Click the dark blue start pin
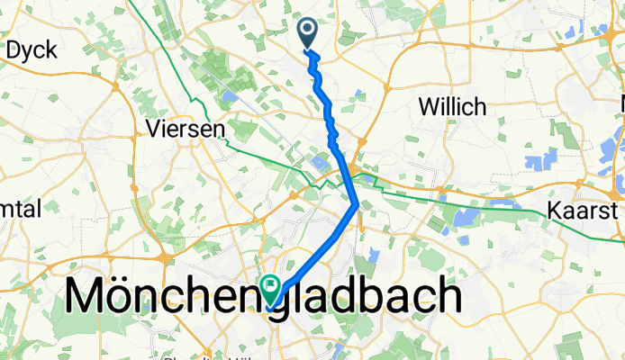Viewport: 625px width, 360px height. (308, 33)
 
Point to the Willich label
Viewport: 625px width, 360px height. (453, 106)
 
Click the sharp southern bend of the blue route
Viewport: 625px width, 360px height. (358, 204)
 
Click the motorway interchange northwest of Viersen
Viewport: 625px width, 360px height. (117, 85)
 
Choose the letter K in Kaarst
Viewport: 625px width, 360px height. (555, 211)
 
